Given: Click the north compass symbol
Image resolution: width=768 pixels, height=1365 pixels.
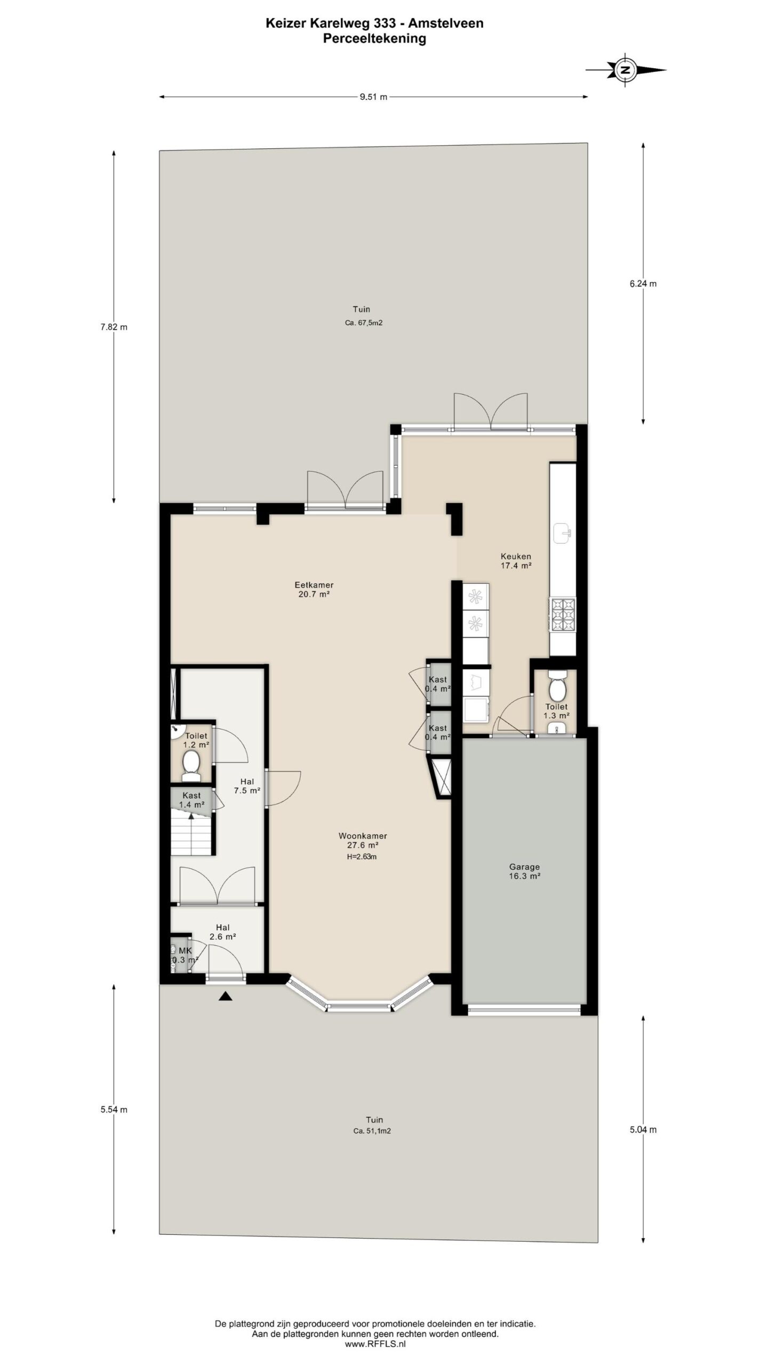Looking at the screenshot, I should (x=626, y=69).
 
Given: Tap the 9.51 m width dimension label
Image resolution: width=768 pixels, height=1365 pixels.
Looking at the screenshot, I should (x=373, y=97).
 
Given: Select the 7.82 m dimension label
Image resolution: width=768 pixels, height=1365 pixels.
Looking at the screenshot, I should (x=114, y=327).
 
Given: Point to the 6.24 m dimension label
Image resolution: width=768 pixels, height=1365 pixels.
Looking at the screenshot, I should (x=643, y=284).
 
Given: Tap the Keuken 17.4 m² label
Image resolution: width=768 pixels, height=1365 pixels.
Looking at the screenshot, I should (x=516, y=561).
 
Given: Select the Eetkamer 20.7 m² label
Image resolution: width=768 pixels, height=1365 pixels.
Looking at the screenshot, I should (x=315, y=589).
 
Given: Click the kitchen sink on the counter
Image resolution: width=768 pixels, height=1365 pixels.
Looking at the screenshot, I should (x=563, y=532).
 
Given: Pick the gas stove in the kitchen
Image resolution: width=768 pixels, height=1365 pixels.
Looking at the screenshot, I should (x=563, y=614).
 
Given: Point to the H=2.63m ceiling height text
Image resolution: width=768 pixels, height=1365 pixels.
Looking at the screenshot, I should (x=361, y=857).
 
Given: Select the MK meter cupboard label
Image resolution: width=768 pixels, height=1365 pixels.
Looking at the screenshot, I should (x=185, y=951).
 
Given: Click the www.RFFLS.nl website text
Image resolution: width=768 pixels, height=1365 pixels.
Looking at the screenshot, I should (x=375, y=1345).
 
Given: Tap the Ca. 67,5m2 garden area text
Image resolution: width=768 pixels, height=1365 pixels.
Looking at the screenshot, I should (x=363, y=323).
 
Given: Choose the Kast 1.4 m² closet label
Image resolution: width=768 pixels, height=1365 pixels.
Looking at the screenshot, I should (x=191, y=800).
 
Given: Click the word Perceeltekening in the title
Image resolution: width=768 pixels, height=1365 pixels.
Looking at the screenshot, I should (x=374, y=38).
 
